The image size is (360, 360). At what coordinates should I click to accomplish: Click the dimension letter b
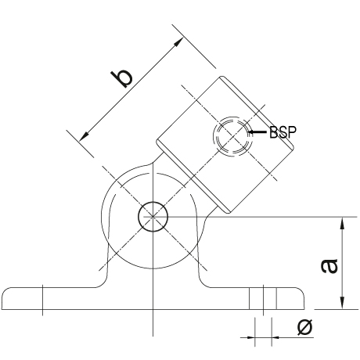[x=121, y=78]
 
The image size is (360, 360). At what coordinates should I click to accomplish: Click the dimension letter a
[x=329, y=266]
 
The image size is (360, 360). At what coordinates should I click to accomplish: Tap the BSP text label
[x=283, y=132]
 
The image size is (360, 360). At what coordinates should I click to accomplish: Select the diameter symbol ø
[x=304, y=327]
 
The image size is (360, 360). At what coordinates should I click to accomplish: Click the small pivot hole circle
[x=153, y=217]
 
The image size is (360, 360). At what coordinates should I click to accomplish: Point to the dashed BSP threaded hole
[x=232, y=136]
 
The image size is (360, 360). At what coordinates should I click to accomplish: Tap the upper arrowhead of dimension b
[x=178, y=42]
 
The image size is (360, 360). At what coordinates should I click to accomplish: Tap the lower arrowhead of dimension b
[x=84, y=136]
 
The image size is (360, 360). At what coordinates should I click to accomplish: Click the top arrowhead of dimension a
[x=343, y=224]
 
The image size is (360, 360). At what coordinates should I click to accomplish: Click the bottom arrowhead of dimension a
[x=343, y=303]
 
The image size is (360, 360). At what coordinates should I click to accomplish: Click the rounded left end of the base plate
[x=3, y=297]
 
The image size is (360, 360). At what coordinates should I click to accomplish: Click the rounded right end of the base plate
[x=303, y=297]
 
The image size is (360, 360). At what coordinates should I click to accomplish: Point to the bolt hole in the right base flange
[x=263, y=299]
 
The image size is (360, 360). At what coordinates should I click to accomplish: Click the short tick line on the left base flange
[x=42, y=300]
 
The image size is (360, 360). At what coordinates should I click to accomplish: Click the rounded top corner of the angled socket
[x=222, y=77]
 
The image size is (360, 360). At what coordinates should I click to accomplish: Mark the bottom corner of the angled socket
[x=228, y=213]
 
